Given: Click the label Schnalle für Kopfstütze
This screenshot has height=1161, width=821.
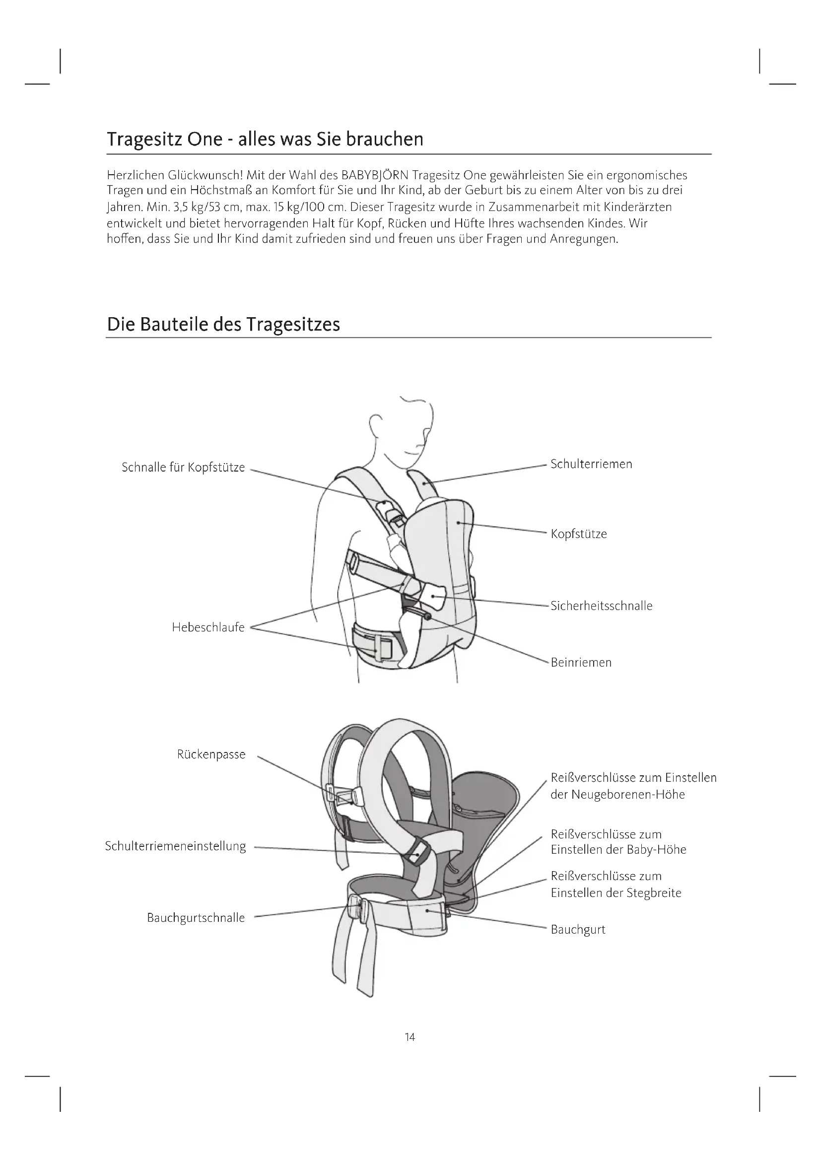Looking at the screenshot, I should coord(183,467).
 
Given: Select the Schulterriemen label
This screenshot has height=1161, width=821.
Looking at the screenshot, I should coord(591,464).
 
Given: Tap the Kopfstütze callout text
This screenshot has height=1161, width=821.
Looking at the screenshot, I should coord(578,534).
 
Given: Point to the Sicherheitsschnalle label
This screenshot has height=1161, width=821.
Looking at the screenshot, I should coord(601,606).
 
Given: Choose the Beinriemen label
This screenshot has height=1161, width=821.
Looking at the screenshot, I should coord(581,663).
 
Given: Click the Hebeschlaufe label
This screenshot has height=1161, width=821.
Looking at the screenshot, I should coord(208,627).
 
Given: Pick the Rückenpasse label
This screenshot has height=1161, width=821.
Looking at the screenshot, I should coord(211,754).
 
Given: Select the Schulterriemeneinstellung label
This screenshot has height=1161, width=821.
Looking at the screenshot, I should coord(175,846).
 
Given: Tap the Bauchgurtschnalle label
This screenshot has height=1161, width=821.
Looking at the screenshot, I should coord(196,918).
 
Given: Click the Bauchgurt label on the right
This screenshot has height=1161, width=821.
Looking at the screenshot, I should coord(578,929).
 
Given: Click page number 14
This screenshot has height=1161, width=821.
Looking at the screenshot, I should coord(410,1037).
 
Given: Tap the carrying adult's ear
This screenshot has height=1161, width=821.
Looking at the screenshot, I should coord(375,424).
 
